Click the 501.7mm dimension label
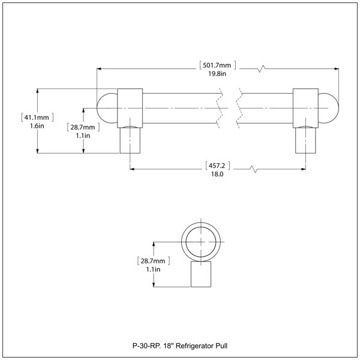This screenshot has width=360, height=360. (217, 65)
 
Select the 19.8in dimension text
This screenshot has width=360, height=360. (217, 74)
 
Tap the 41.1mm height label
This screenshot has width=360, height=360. (37, 118)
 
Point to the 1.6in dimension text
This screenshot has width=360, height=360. (37, 126)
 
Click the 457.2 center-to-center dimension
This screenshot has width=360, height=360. (217, 166)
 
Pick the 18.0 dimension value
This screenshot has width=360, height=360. (217, 174)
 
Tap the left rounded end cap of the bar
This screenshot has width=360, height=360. (107, 108)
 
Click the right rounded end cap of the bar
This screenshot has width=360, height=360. (329, 108)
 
